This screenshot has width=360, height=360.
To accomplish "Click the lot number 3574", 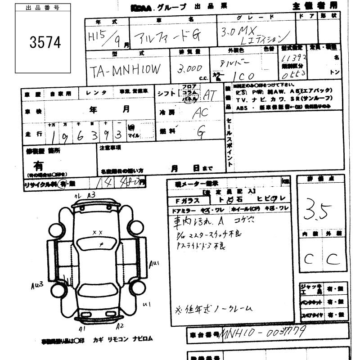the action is [45, 43].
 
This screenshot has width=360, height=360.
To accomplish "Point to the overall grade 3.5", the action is [319, 209].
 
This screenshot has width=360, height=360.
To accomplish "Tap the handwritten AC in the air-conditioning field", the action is [200, 112].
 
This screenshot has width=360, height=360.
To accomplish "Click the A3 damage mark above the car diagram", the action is [91, 194].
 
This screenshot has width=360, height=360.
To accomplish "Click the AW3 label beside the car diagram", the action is [37, 285].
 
